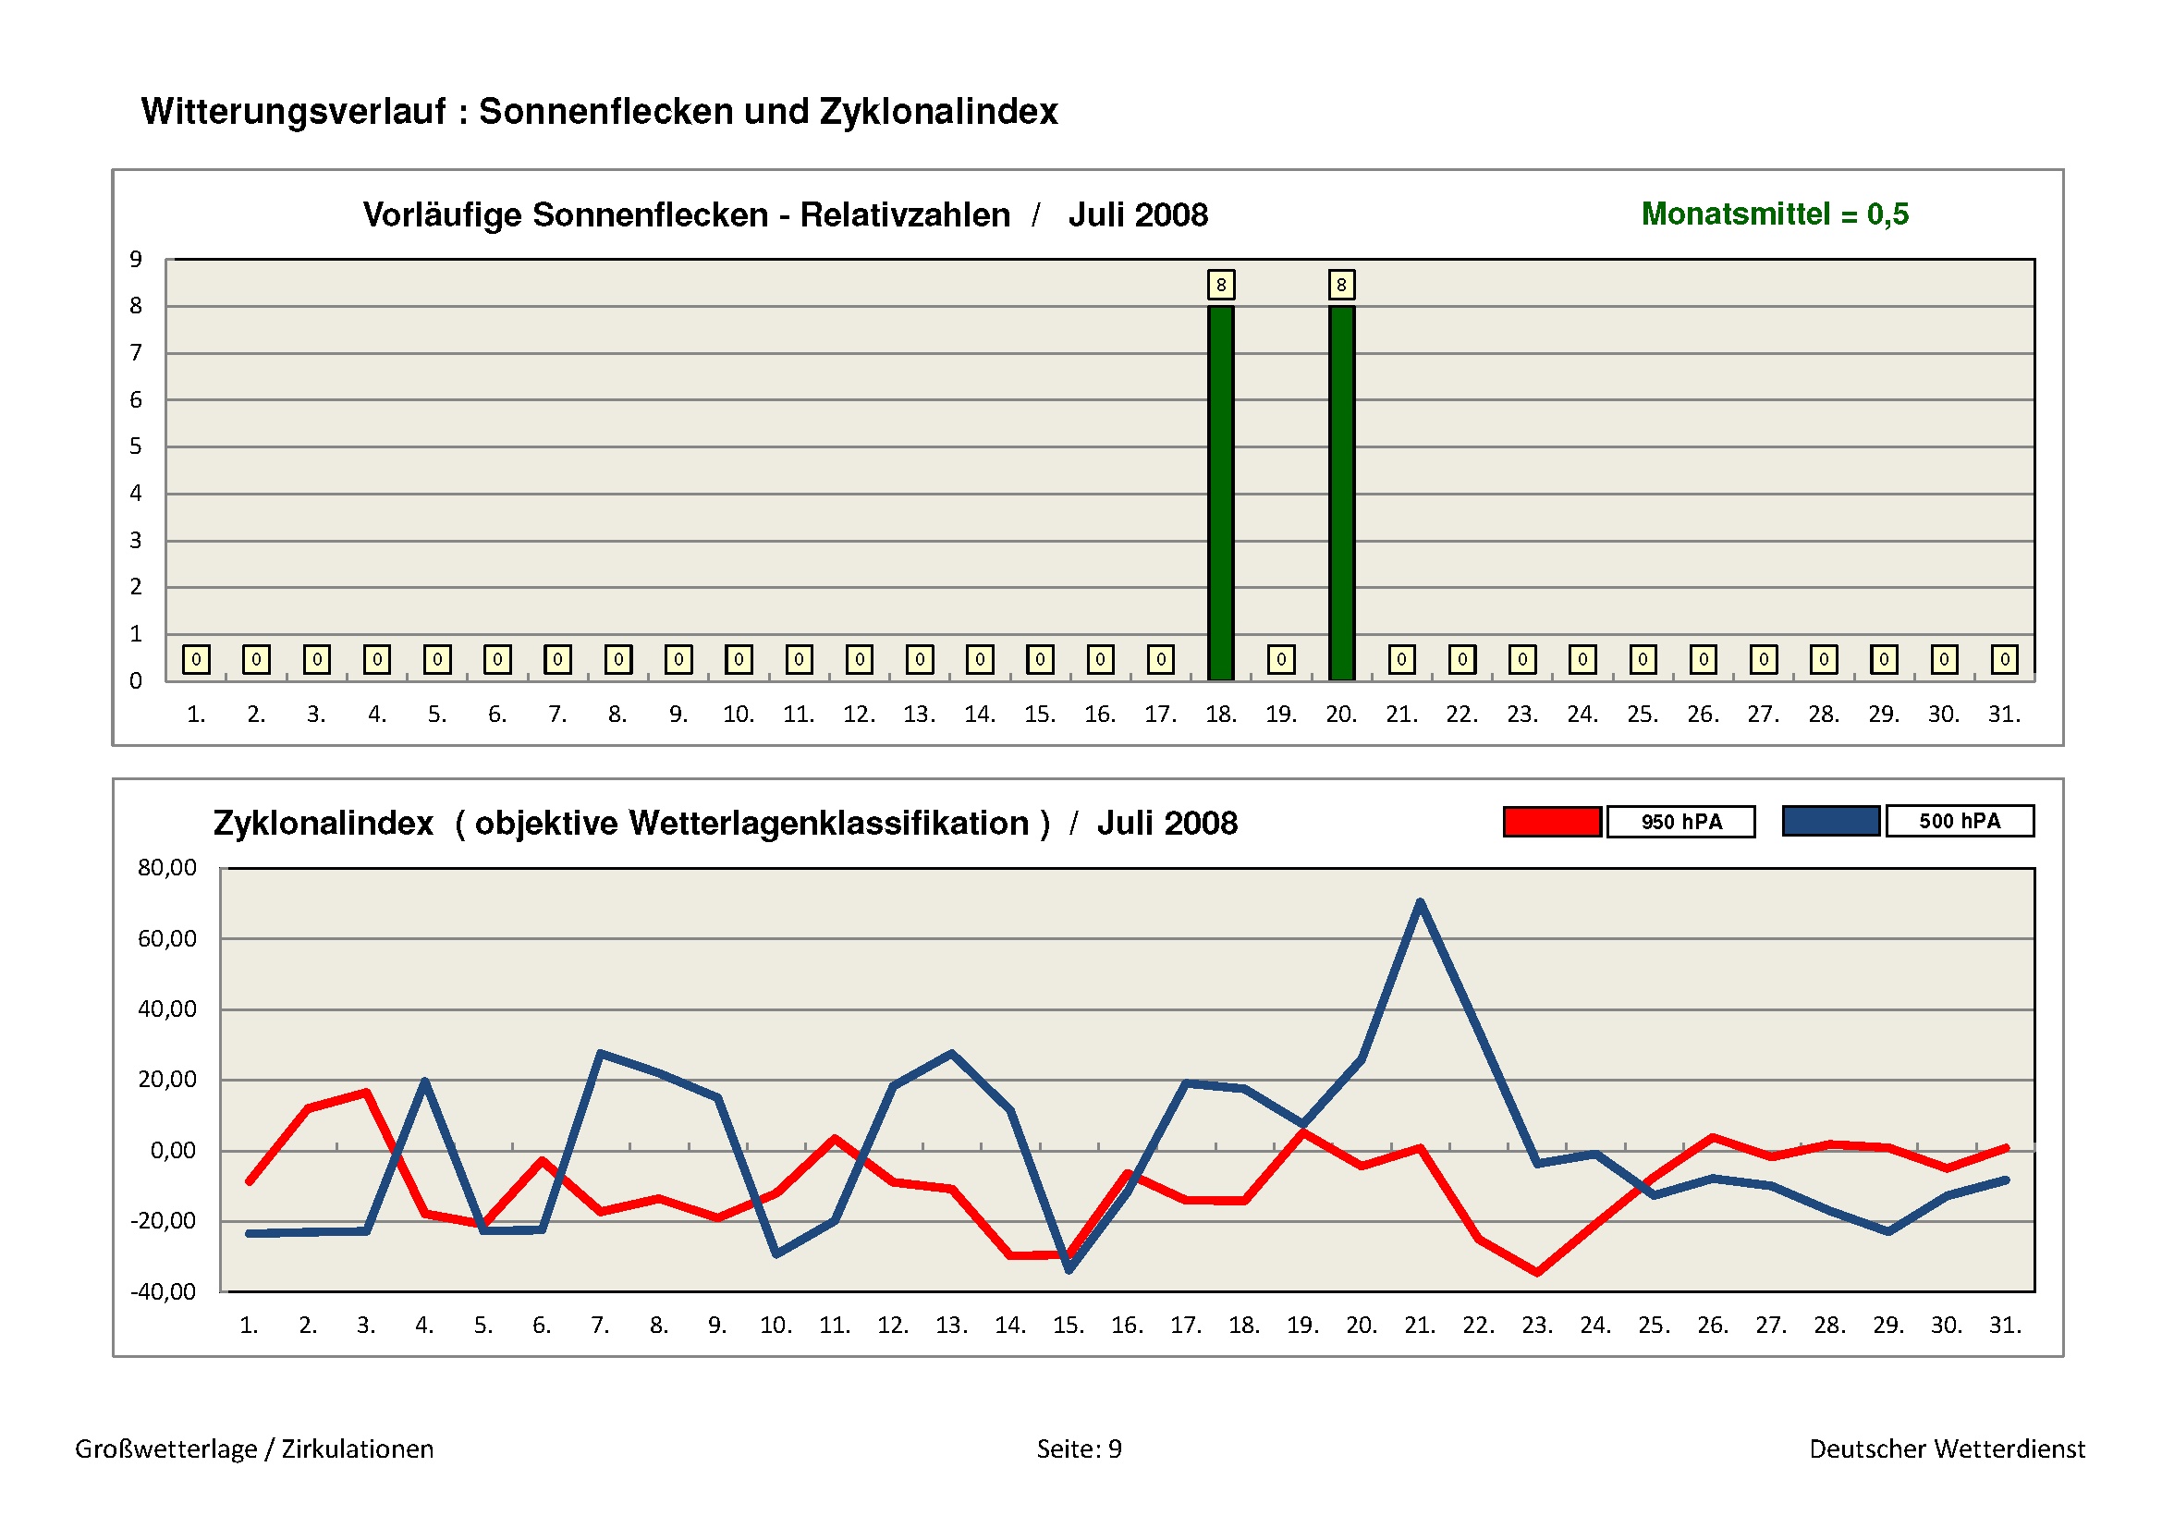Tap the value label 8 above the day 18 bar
[1220, 285]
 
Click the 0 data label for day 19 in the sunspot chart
[1280, 659]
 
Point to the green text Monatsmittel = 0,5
[1774, 214]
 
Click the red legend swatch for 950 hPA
[1551, 822]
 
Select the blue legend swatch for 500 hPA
[1830, 821]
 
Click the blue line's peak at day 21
[1420, 902]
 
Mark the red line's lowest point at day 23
[1537, 1272]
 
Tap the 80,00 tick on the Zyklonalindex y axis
[166, 867]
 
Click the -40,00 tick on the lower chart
[163, 1290]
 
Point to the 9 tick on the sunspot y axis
[136, 259]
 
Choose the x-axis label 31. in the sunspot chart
[2004, 714]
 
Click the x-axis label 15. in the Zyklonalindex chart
[1068, 1325]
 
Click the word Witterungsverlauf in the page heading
[293, 111]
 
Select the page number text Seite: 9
[1079, 1448]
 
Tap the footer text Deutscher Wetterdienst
[1947, 1448]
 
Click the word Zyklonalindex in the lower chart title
[323, 823]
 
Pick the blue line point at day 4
[424, 1081]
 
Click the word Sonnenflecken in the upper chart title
[650, 214]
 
